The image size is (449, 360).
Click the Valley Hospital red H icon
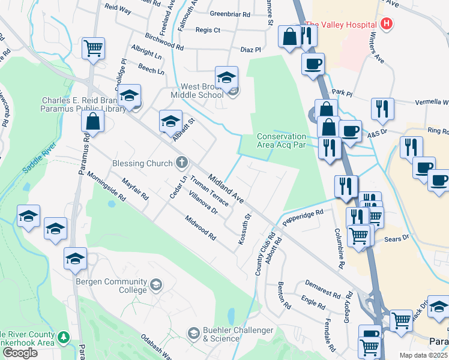tap(387, 25)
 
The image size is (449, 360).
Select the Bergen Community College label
tap(111, 286)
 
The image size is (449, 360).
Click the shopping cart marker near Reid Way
tap(93, 48)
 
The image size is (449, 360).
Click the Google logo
tap(20, 353)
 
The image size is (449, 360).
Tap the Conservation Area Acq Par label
tap(282, 140)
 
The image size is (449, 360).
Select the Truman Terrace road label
tap(210, 191)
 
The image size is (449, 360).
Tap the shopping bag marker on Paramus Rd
tap(94, 122)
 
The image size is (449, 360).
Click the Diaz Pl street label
tap(251, 50)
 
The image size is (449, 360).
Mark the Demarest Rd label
tap(322, 289)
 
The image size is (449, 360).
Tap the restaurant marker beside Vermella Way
tap(382, 109)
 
